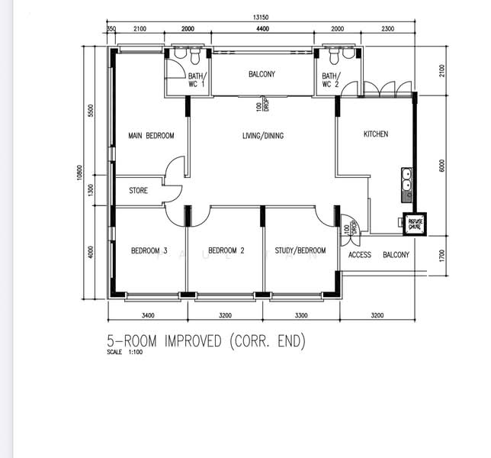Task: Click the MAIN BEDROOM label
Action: (x=151, y=136)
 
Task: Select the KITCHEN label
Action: (x=375, y=134)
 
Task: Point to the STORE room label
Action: (x=138, y=191)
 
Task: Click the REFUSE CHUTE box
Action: (x=415, y=222)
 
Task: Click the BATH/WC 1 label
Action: (x=197, y=80)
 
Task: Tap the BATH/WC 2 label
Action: (x=330, y=80)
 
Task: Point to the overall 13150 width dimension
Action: (x=264, y=19)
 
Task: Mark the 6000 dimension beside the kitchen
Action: (x=442, y=165)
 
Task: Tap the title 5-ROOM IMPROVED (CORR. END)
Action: (x=206, y=341)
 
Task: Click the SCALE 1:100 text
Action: (x=127, y=353)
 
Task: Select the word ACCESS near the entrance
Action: (x=360, y=255)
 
